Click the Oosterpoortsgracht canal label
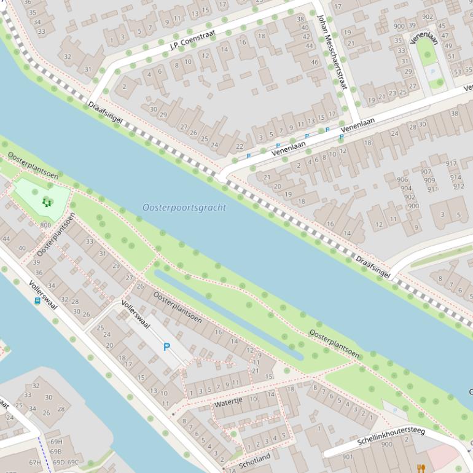tap(184, 208)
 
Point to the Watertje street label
tap(228, 403)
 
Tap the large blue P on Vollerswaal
tap(166, 347)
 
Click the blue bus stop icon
tap(37, 301)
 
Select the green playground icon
tap(46, 201)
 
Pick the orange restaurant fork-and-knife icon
tap(421, 469)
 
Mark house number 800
tap(45, 225)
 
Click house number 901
tap(348, 456)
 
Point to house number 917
tap(451, 163)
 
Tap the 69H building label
tap(57, 442)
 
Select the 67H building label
tap(34, 463)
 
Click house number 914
tap(456, 178)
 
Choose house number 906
tap(404, 180)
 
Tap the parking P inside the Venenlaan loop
tap(432, 72)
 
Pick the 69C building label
tap(73, 463)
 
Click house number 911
tap(433, 189)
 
